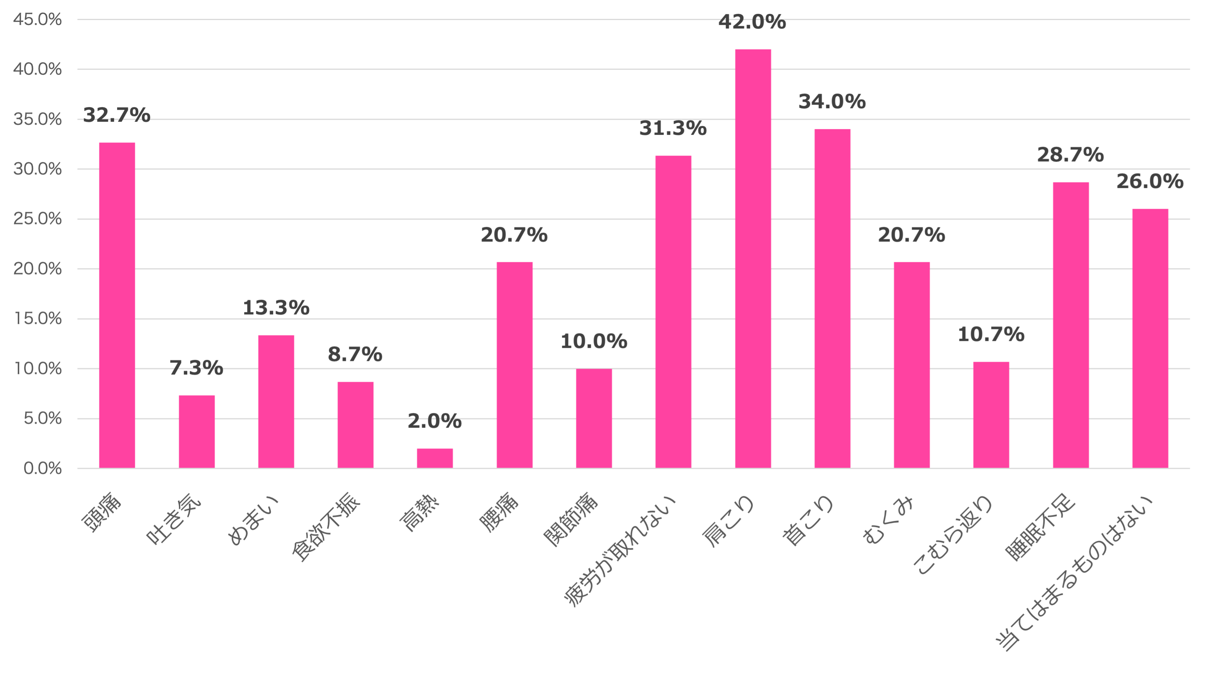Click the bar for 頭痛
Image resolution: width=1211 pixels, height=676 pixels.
click(x=117, y=305)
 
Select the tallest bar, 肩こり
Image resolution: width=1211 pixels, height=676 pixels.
click(x=753, y=258)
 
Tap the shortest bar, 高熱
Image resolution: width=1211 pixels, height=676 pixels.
click(x=435, y=458)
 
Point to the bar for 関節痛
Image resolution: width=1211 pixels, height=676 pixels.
click(x=594, y=418)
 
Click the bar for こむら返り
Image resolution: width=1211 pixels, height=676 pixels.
click(x=991, y=414)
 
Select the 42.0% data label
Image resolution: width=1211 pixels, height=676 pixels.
click(x=752, y=22)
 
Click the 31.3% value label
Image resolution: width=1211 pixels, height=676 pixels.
click(x=673, y=128)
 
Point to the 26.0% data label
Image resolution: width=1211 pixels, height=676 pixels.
click(x=1150, y=181)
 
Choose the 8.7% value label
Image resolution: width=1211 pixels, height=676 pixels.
click(x=355, y=354)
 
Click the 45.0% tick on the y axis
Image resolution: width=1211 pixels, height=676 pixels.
click(x=38, y=19)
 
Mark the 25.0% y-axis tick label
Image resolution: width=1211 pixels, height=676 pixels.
click(x=38, y=219)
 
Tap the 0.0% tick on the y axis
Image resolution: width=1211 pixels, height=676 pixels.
click(x=42, y=468)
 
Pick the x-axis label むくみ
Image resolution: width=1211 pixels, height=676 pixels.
click(x=889, y=520)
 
